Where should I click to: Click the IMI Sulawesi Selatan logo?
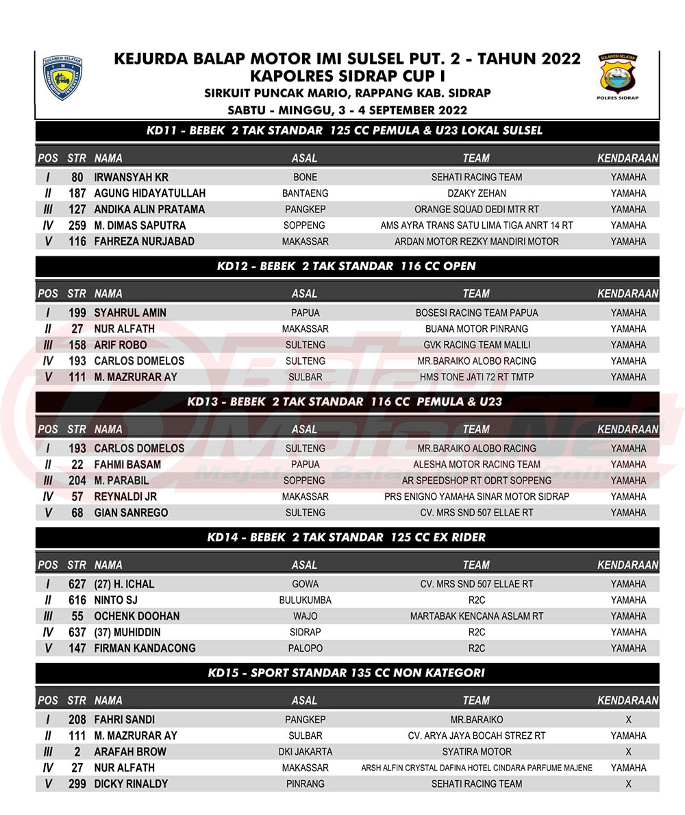click(63, 78)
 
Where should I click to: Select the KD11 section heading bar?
click(344, 130)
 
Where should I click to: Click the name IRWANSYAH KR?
click(131, 177)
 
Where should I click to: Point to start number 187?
click(77, 193)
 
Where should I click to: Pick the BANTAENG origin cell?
click(305, 193)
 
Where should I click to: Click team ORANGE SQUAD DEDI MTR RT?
click(476, 209)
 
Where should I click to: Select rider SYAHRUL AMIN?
click(130, 313)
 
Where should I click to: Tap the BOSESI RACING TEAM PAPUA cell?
click(476, 313)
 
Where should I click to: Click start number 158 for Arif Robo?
click(77, 345)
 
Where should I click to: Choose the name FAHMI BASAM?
click(127, 464)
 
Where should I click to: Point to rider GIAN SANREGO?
click(131, 513)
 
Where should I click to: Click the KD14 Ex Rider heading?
click(346, 537)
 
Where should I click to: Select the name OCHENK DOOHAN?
click(136, 616)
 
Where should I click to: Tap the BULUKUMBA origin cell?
click(305, 600)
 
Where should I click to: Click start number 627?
click(77, 584)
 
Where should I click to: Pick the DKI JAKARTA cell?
click(305, 752)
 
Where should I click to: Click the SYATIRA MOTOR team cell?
click(476, 752)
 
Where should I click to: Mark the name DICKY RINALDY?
click(131, 784)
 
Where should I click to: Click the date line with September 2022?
click(347, 110)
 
